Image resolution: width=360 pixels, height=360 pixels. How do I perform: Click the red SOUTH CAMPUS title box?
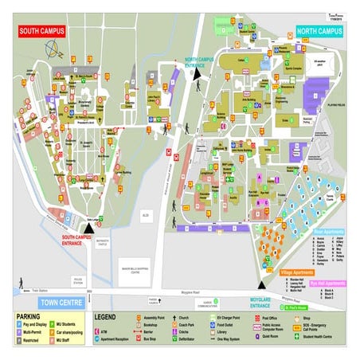coord(42,31)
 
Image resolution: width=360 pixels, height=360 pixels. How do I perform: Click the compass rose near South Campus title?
coord(56,52)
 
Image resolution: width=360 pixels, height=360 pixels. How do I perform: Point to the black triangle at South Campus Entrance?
coord(88,227)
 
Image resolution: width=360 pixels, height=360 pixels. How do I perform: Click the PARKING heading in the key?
coord(29,316)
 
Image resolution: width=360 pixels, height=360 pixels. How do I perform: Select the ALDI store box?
coord(143,214)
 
